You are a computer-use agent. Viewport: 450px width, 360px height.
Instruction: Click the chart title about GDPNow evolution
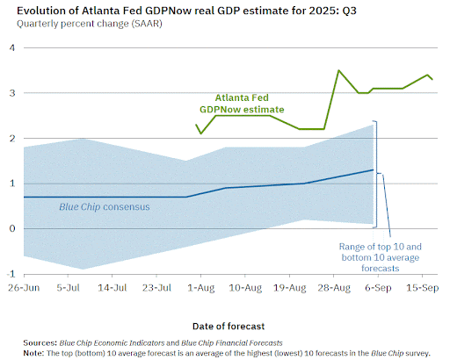[186, 11]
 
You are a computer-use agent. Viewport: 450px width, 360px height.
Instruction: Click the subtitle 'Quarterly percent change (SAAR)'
[90, 24]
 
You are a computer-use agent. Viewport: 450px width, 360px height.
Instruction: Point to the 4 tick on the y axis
[12, 47]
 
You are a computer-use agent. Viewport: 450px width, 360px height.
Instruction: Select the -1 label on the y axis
[11, 274]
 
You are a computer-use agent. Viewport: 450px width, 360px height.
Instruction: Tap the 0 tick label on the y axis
[12, 228]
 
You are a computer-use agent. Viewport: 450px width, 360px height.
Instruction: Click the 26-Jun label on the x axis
[24, 288]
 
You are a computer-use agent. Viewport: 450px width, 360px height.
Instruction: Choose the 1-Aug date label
[201, 288]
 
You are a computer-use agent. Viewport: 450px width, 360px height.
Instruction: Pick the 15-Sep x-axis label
[422, 288]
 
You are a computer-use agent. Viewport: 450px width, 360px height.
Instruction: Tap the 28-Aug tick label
[334, 288]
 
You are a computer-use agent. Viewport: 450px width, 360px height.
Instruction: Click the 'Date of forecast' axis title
[229, 326]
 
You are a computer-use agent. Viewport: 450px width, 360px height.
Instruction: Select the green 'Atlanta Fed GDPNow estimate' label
[242, 104]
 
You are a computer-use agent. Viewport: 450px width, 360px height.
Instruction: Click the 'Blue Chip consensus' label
[105, 207]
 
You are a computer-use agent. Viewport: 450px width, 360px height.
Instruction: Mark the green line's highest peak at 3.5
[338, 70]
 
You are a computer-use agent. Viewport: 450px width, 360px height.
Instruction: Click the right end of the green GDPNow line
[432, 79]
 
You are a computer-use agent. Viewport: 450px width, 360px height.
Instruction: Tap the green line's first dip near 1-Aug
[200, 133]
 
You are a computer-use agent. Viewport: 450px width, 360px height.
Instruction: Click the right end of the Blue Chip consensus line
[374, 169]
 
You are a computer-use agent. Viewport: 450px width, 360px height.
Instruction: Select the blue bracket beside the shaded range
[377, 174]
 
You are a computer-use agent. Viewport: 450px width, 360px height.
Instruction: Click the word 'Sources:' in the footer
[40, 342]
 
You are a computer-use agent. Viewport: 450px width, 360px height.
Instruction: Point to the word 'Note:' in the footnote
[33, 353]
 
